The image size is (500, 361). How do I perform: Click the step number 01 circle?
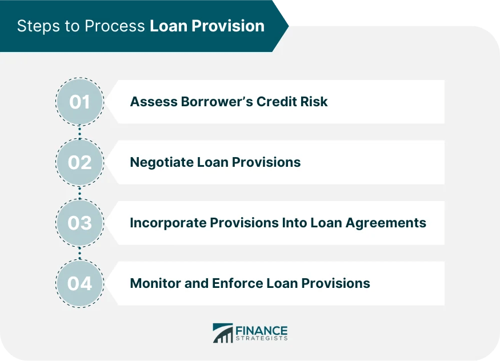click(80, 102)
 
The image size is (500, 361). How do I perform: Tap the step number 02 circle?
click(80, 162)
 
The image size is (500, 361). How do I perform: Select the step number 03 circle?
click(80, 223)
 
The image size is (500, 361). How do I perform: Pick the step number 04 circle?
click(80, 283)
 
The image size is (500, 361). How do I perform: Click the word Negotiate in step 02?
click(161, 162)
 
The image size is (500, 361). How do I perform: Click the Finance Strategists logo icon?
click(222, 333)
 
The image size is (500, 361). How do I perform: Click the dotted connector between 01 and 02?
click(80, 132)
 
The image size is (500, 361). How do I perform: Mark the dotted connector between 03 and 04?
click(80, 253)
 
